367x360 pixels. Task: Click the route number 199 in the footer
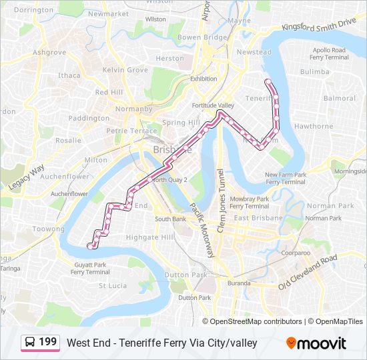47,342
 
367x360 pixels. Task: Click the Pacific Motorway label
201,229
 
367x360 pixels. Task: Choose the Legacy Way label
27,176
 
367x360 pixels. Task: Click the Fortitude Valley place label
213,106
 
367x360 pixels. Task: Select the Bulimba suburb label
315,71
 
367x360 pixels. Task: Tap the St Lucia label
113,285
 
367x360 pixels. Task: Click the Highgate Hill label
150,237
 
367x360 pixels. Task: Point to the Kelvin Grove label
125,70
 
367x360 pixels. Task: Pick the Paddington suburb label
89,118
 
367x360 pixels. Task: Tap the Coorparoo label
295,253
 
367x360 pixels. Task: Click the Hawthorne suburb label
313,126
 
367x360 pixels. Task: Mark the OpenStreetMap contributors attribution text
256,321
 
